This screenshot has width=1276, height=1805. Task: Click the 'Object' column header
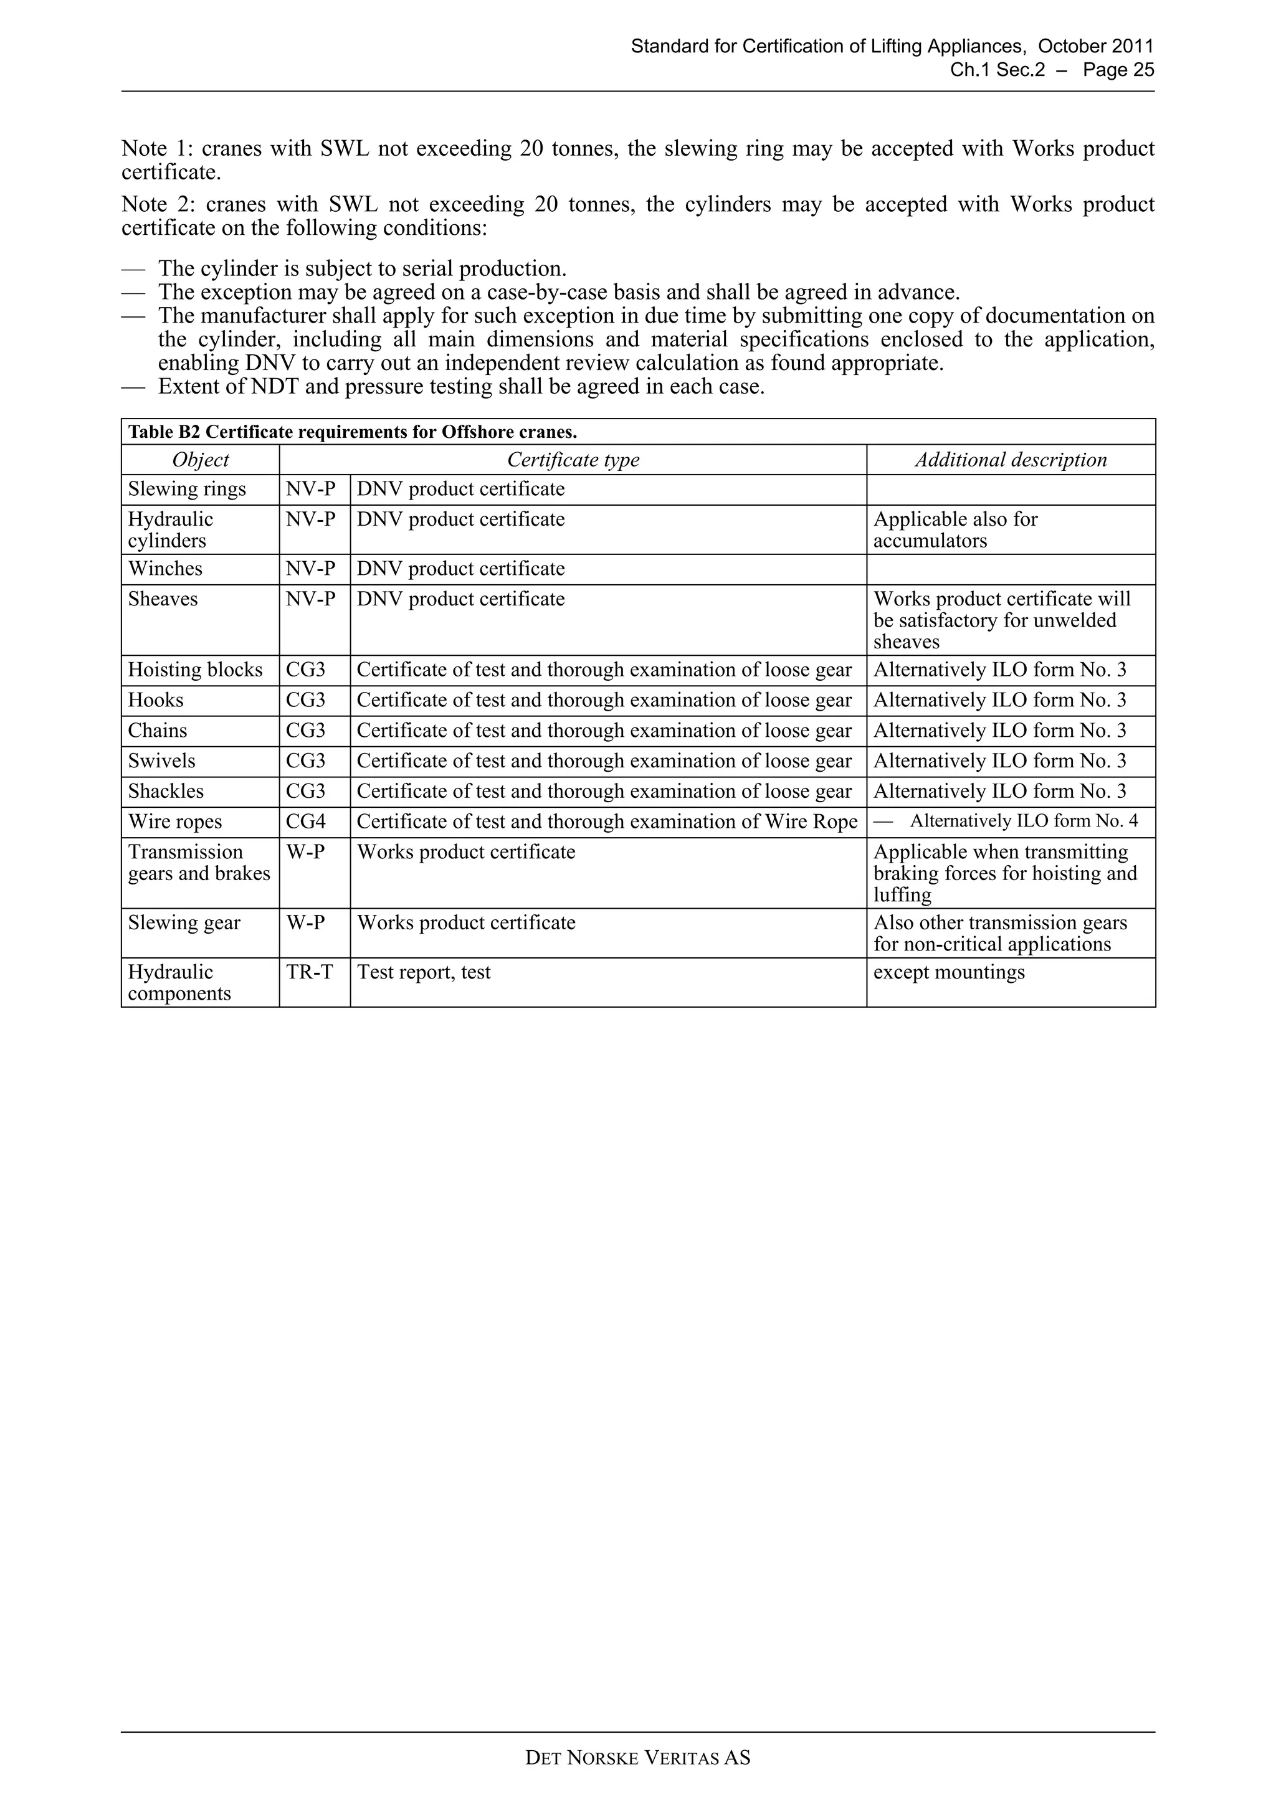coord(201,460)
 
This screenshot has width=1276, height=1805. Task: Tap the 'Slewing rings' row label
coord(187,489)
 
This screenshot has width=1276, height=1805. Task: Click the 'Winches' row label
coord(165,569)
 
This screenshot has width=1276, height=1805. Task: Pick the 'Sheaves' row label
coord(163,599)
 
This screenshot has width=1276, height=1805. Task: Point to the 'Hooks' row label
coord(156,699)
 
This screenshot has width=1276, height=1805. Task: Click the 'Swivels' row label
coord(162,761)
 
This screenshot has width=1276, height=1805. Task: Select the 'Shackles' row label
coord(166,791)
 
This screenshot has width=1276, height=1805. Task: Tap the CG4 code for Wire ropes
coord(305,822)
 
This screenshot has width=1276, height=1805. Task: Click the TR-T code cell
coord(309,972)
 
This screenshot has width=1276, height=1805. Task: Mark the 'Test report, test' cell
coord(424,972)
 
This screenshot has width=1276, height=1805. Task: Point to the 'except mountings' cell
coord(949,972)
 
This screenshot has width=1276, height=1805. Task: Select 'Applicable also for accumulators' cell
coord(955,530)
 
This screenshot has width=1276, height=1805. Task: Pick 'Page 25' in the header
coord(1118,70)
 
